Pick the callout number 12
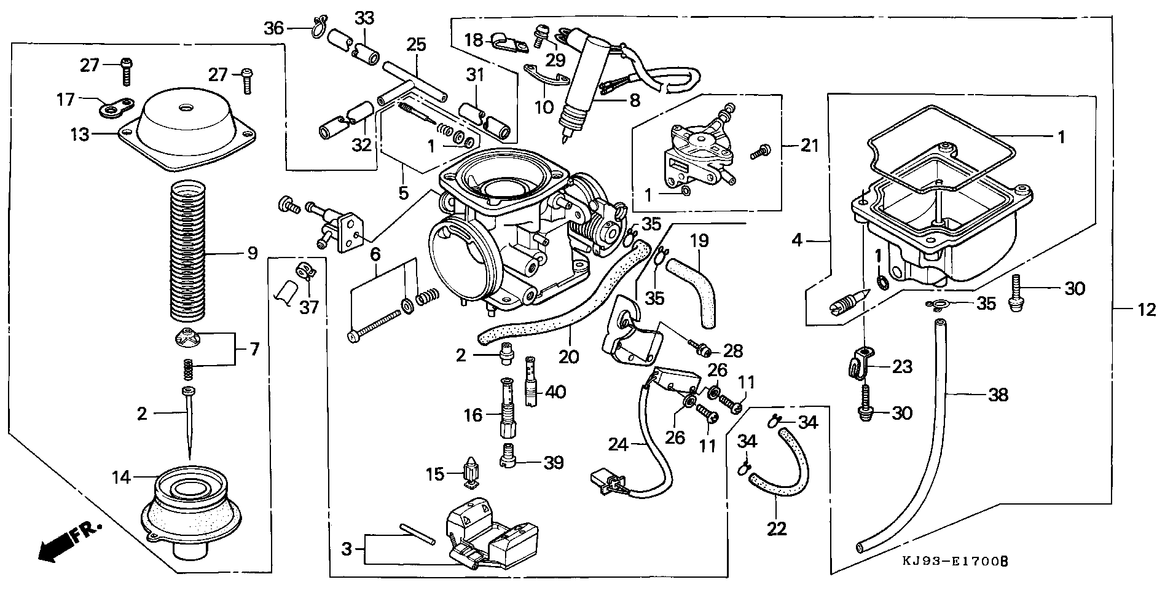[1145, 310]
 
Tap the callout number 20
[569, 356]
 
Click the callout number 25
[415, 44]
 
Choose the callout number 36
[274, 28]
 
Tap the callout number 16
[473, 415]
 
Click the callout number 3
[347, 549]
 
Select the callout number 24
[619, 444]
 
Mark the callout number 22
[777, 529]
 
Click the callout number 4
[797, 240]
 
